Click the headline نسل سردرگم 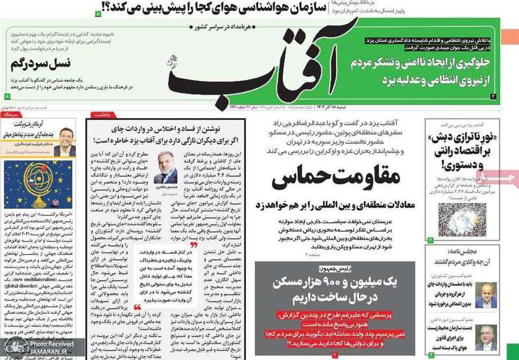(47, 65)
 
